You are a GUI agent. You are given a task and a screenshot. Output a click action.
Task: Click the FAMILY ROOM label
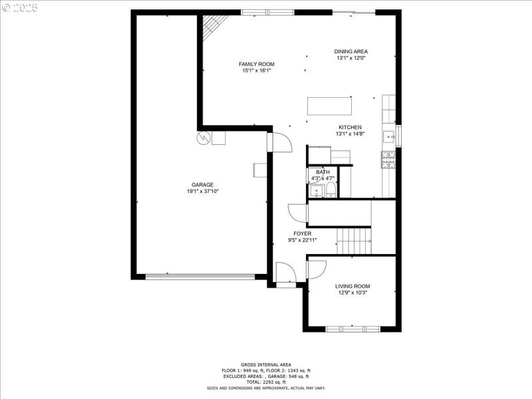coord(257,64)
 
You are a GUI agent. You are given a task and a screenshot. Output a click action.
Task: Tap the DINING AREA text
coord(350,51)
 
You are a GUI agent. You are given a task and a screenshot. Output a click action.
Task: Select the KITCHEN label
coord(350,127)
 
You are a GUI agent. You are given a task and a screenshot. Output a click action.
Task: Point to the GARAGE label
coord(203,185)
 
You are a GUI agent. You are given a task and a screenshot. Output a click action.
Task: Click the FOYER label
coord(303,233)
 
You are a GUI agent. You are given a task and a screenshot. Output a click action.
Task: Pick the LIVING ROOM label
coord(352,286)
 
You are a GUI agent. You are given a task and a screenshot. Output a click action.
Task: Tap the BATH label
coord(323,172)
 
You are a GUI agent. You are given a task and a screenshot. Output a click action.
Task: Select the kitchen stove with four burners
coord(388,159)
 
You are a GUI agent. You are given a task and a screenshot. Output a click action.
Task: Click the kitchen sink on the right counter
coord(388,138)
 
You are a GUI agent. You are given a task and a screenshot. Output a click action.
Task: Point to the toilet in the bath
coord(330,192)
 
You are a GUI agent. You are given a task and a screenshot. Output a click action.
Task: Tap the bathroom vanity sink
coord(315,192)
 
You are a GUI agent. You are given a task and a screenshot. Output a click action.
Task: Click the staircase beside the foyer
coord(353,239)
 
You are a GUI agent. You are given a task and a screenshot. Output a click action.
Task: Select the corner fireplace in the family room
coord(214,26)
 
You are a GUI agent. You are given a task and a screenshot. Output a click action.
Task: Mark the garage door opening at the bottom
coord(200,277)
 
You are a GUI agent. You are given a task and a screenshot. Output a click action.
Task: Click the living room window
coord(353,328)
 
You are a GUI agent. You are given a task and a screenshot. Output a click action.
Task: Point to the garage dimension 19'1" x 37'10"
coord(203,192)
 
